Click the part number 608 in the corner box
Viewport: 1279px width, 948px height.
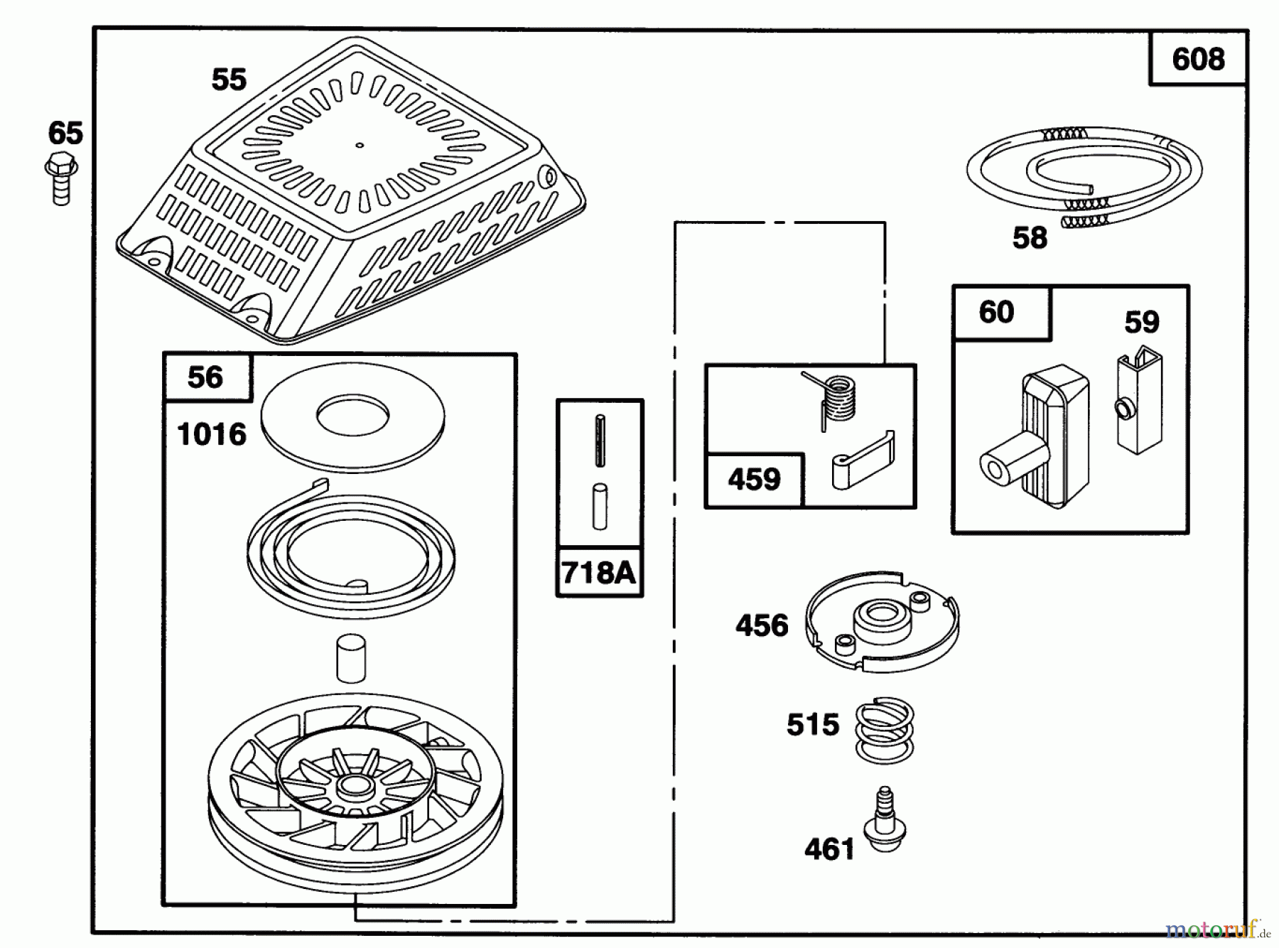[x=1198, y=59]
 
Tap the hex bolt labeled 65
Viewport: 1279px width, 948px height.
[x=61, y=178]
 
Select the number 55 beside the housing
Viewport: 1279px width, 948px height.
[x=229, y=80]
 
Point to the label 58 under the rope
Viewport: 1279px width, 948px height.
[x=1030, y=238]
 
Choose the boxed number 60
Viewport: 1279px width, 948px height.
[x=996, y=313]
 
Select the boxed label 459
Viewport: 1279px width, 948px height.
[x=754, y=480]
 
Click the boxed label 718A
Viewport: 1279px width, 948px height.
[x=598, y=572]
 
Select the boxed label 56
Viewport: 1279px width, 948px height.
[x=205, y=377]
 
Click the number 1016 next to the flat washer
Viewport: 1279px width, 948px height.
[x=211, y=434]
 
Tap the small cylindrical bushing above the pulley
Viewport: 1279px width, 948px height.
[x=350, y=658]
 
